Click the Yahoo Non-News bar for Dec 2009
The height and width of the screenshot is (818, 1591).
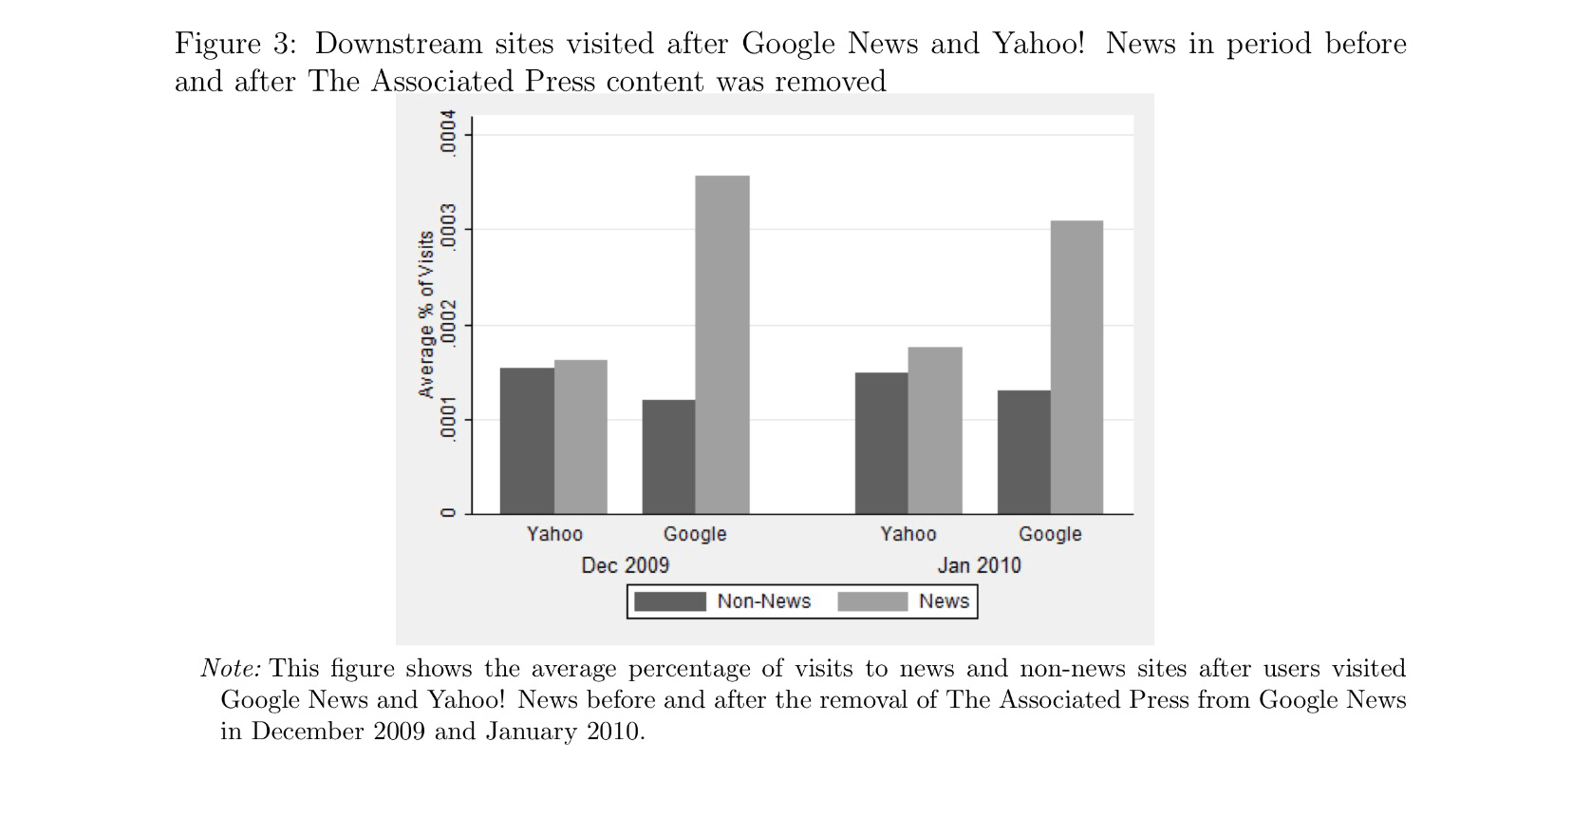tap(527, 441)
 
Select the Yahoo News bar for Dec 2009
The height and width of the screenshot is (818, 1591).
tap(580, 437)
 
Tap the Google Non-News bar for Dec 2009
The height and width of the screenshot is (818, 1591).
tap(668, 457)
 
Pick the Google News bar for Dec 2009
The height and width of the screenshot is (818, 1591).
tap(722, 345)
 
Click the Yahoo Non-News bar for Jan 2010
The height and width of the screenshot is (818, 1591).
tap(882, 444)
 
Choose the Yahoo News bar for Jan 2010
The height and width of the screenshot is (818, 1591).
tap(935, 430)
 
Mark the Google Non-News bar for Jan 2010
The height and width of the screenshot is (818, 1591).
tap(1023, 452)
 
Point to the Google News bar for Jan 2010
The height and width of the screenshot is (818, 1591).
tap(1076, 368)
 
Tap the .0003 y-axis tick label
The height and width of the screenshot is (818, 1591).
tap(447, 226)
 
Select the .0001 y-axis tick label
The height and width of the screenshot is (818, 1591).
tap(447, 419)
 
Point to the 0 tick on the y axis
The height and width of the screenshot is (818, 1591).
tap(447, 513)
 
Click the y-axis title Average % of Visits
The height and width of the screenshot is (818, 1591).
tap(426, 314)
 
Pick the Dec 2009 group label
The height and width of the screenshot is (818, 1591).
tap(625, 565)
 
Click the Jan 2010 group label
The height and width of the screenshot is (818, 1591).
tap(979, 565)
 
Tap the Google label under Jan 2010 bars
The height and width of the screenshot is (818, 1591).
tap(1050, 534)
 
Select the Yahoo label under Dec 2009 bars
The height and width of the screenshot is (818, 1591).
tap(554, 534)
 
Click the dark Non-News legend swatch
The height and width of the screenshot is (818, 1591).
tap(670, 602)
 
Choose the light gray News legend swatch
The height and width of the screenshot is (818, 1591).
tap(873, 602)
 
